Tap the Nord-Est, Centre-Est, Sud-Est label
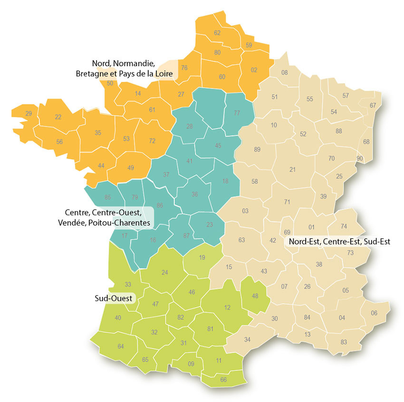pyautogui.click(x=339, y=242)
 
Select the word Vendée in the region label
pyautogui.click(x=78, y=222)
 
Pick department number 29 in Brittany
pyautogui.click(x=29, y=113)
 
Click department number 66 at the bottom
pyautogui.click(x=223, y=380)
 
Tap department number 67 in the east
pyautogui.click(x=373, y=105)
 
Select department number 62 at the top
pyautogui.click(x=218, y=33)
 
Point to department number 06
pyautogui.click(x=374, y=313)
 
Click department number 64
pyautogui.click(x=121, y=346)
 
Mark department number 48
pyautogui.click(x=255, y=296)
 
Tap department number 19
pyautogui.click(x=202, y=258)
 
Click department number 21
pyautogui.click(x=293, y=170)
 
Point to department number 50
pyautogui.click(x=110, y=83)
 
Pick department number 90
pyautogui.click(x=359, y=158)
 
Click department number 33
pyautogui.click(x=128, y=284)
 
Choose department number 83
pyautogui.click(x=344, y=342)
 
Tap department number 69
pyautogui.click(x=287, y=232)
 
